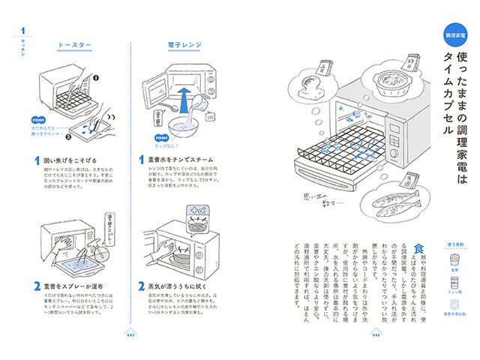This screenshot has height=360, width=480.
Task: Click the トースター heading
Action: pyautogui.click(x=75, y=45)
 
